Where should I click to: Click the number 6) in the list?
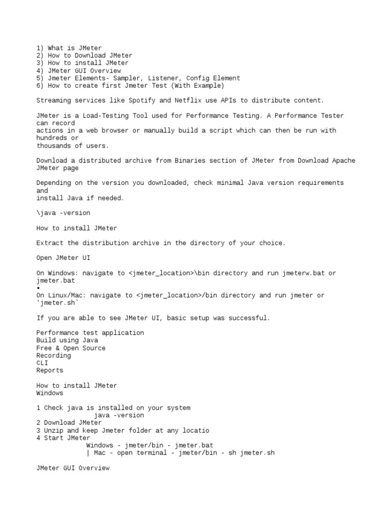(40, 86)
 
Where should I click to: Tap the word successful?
(250, 318)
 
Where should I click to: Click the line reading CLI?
(42, 363)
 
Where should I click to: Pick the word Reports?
(50, 371)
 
